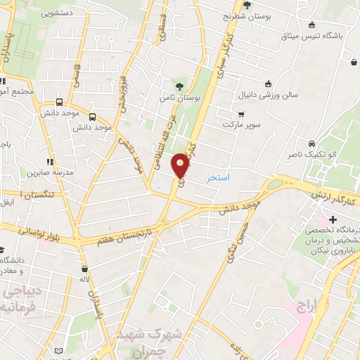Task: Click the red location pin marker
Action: point(181,165)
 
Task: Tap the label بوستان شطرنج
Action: point(247,16)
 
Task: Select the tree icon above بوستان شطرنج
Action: point(246,5)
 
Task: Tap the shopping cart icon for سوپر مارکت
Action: point(241,114)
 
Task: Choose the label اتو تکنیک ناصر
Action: point(311,153)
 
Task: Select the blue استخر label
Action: point(218,178)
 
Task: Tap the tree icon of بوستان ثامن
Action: point(179,86)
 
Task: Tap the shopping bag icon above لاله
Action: point(85,269)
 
